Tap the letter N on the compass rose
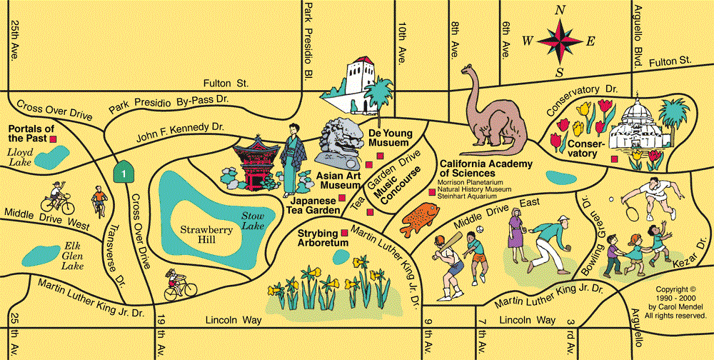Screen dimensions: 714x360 pyautogui.click(x=560, y=11)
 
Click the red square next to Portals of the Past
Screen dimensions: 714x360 pyautogui.click(x=54, y=139)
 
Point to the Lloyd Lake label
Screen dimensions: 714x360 pyautogui.click(x=19, y=156)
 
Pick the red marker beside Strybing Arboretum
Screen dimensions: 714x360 pyautogui.click(x=345, y=233)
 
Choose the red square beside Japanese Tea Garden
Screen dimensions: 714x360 pyautogui.click(x=341, y=198)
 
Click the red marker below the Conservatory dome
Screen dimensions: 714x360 pyautogui.click(x=614, y=159)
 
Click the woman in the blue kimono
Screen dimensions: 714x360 pyautogui.click(x=292, y=159)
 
